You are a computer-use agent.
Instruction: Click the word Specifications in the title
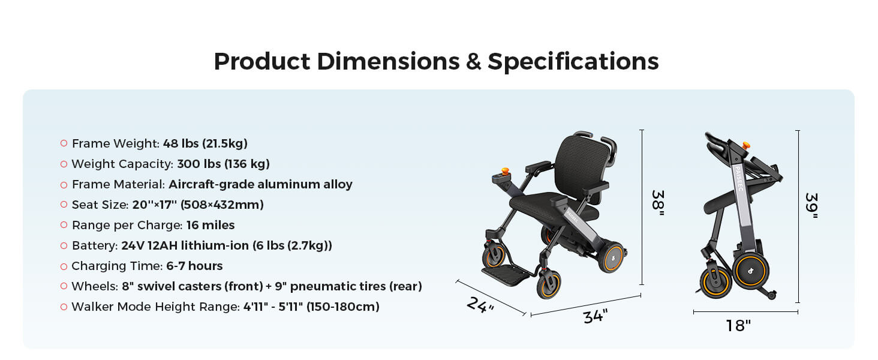573,62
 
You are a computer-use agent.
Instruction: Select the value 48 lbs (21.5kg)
205,143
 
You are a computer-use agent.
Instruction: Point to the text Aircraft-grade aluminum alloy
260,184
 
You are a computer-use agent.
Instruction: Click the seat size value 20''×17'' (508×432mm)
198,205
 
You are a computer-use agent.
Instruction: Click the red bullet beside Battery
64,245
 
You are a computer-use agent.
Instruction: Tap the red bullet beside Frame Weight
64,143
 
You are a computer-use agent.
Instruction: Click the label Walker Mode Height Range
155,307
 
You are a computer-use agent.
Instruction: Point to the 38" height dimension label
657,203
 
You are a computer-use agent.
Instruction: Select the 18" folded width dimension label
738,326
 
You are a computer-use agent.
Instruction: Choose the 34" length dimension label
596,316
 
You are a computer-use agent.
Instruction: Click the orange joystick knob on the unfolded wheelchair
505,172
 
